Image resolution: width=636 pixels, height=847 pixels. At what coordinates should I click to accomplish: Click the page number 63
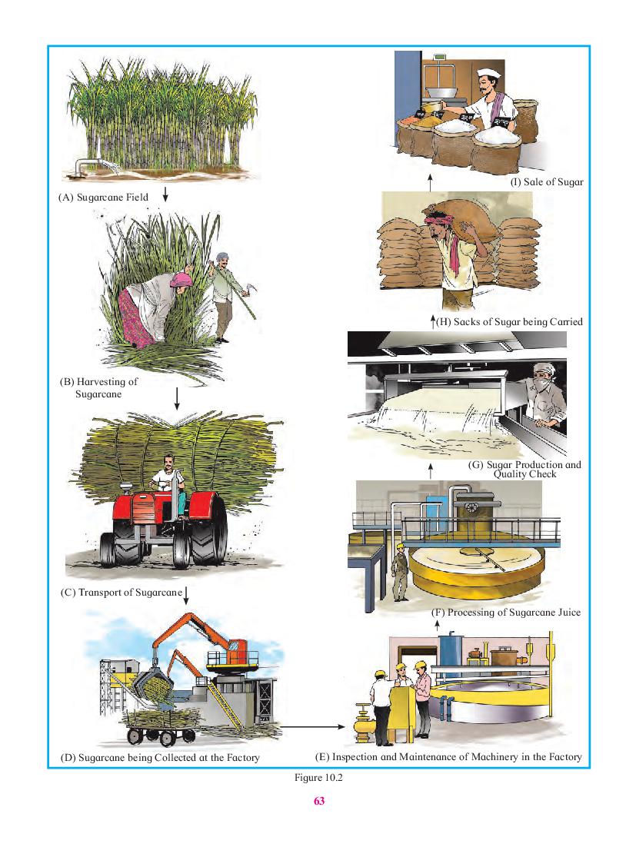click(319, 801)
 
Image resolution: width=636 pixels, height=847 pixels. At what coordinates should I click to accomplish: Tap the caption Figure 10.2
click(318, 777)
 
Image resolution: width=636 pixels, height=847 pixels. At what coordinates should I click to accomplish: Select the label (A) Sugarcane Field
click(103, 198)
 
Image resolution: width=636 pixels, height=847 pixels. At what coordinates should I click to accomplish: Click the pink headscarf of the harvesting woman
click(181, 279)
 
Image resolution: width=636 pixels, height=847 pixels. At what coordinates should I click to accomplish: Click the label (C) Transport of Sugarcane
click(121, 592)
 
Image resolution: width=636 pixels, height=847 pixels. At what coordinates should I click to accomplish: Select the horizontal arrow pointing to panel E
click(312, 727)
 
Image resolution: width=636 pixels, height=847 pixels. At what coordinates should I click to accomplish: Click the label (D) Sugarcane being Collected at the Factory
click(160, 757)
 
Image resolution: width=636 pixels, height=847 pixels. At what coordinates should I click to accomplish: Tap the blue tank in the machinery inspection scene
click(451, 651)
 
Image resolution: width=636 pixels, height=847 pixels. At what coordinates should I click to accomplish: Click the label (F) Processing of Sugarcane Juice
click(506, 612)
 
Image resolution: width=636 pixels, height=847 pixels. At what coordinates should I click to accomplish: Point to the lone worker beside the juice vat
click(400, 572)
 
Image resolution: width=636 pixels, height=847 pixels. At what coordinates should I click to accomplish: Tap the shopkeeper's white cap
click(489, 73)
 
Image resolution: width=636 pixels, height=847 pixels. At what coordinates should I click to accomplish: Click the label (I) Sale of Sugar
click(547, 182)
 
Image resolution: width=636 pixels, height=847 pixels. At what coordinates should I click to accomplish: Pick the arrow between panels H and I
click(430, 183)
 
